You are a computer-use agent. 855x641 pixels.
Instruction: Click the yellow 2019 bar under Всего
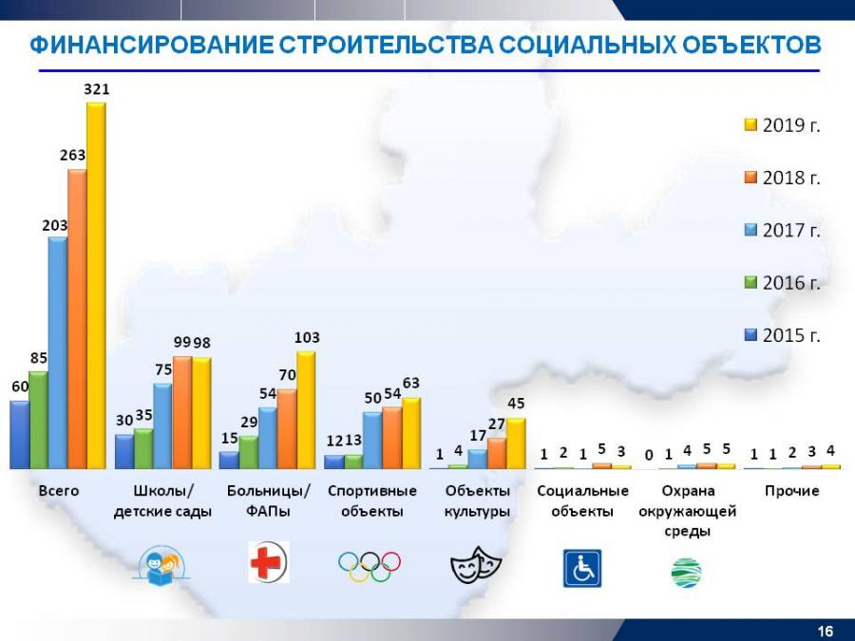click(x=96, y=285)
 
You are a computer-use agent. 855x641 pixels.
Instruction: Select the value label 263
click(x=72, y=155)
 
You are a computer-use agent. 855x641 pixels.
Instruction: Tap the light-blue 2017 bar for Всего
click(x=57, y=352)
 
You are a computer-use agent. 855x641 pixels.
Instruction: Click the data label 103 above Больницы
click(x=307, y=337)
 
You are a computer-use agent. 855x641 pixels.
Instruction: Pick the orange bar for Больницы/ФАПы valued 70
click(x=287, y=428)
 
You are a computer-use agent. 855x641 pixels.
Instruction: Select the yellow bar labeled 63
click(x=410, y=433)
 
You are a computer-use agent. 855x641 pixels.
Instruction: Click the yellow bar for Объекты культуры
click(x=515, y=443)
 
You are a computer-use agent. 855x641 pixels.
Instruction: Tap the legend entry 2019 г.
click(x=782, y=126)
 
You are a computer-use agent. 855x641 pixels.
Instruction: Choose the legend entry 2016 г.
click(x=782, y=283)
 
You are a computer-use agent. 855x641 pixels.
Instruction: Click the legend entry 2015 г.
click(x=782, y=335)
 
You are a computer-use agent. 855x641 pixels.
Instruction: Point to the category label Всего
click(x=58, y=491)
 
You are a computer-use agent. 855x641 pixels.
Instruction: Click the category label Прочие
click(x=791, y=491)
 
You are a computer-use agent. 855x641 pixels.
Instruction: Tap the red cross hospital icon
click(x=268, y=561)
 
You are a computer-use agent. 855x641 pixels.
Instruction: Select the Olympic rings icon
click(x=370, y=566)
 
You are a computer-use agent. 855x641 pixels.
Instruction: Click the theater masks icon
click(x=475, y=566)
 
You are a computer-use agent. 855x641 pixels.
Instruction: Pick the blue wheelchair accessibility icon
click(x=581, y=567)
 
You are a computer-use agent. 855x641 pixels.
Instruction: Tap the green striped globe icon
click(x=686, y=573)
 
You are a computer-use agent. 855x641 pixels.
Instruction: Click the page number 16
click(x=825, y=632)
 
